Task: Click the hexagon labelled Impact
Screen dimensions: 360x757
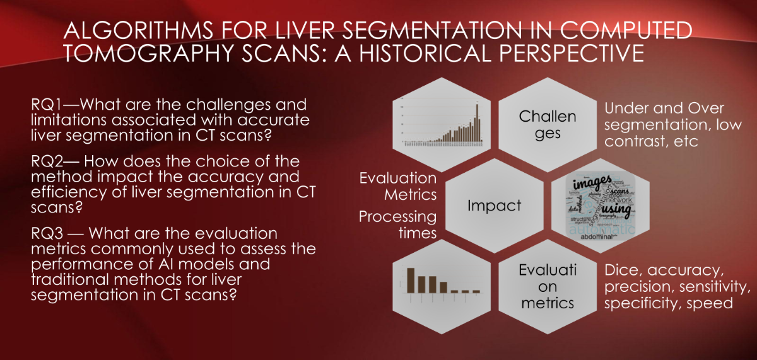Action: point(494,205)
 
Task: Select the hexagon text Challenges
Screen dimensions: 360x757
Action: point(548,125)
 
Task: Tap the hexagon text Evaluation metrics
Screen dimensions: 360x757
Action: point(548,286)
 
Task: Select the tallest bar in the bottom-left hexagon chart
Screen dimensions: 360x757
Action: point(410,280)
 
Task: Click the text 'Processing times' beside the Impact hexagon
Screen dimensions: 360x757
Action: point(397,224)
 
